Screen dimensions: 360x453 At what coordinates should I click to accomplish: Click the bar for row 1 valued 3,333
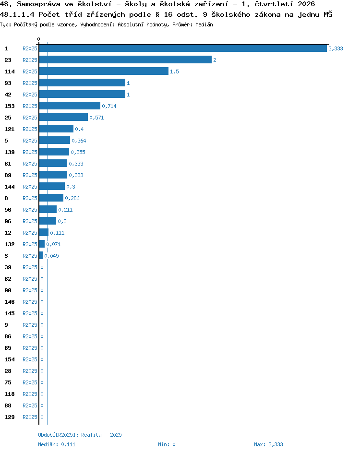point(183,48)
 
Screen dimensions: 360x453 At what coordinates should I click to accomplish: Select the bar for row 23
point(125,60)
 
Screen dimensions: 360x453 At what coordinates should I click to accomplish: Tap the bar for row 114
point(104,72)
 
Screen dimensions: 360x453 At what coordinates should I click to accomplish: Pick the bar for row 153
point(70,106)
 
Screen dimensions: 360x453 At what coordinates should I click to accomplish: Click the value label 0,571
point(96,118)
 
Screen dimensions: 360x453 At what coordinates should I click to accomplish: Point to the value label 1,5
point(174,72)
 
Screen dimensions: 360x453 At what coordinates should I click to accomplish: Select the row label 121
point(9,129)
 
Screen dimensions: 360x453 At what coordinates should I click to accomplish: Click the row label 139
point(9,152)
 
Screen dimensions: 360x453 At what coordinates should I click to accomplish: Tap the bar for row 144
point(52,186)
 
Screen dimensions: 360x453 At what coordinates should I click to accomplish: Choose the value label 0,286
point(72,198)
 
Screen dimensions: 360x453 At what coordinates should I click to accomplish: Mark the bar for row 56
point(48,209)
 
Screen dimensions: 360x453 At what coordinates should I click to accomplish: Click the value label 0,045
point(51,256)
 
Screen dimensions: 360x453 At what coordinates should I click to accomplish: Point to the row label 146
point(9,302)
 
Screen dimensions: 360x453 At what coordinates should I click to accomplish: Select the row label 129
point(9,417)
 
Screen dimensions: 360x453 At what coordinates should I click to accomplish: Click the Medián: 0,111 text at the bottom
point(57,444)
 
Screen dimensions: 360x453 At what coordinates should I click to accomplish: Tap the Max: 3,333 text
point(268,444)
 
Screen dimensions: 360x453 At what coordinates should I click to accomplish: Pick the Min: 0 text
point(167,444)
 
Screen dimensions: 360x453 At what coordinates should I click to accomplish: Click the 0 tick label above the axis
point(39,39)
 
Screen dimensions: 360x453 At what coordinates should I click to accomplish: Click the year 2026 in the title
point(306,4)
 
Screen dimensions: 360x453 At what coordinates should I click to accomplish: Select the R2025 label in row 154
point(30,359)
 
